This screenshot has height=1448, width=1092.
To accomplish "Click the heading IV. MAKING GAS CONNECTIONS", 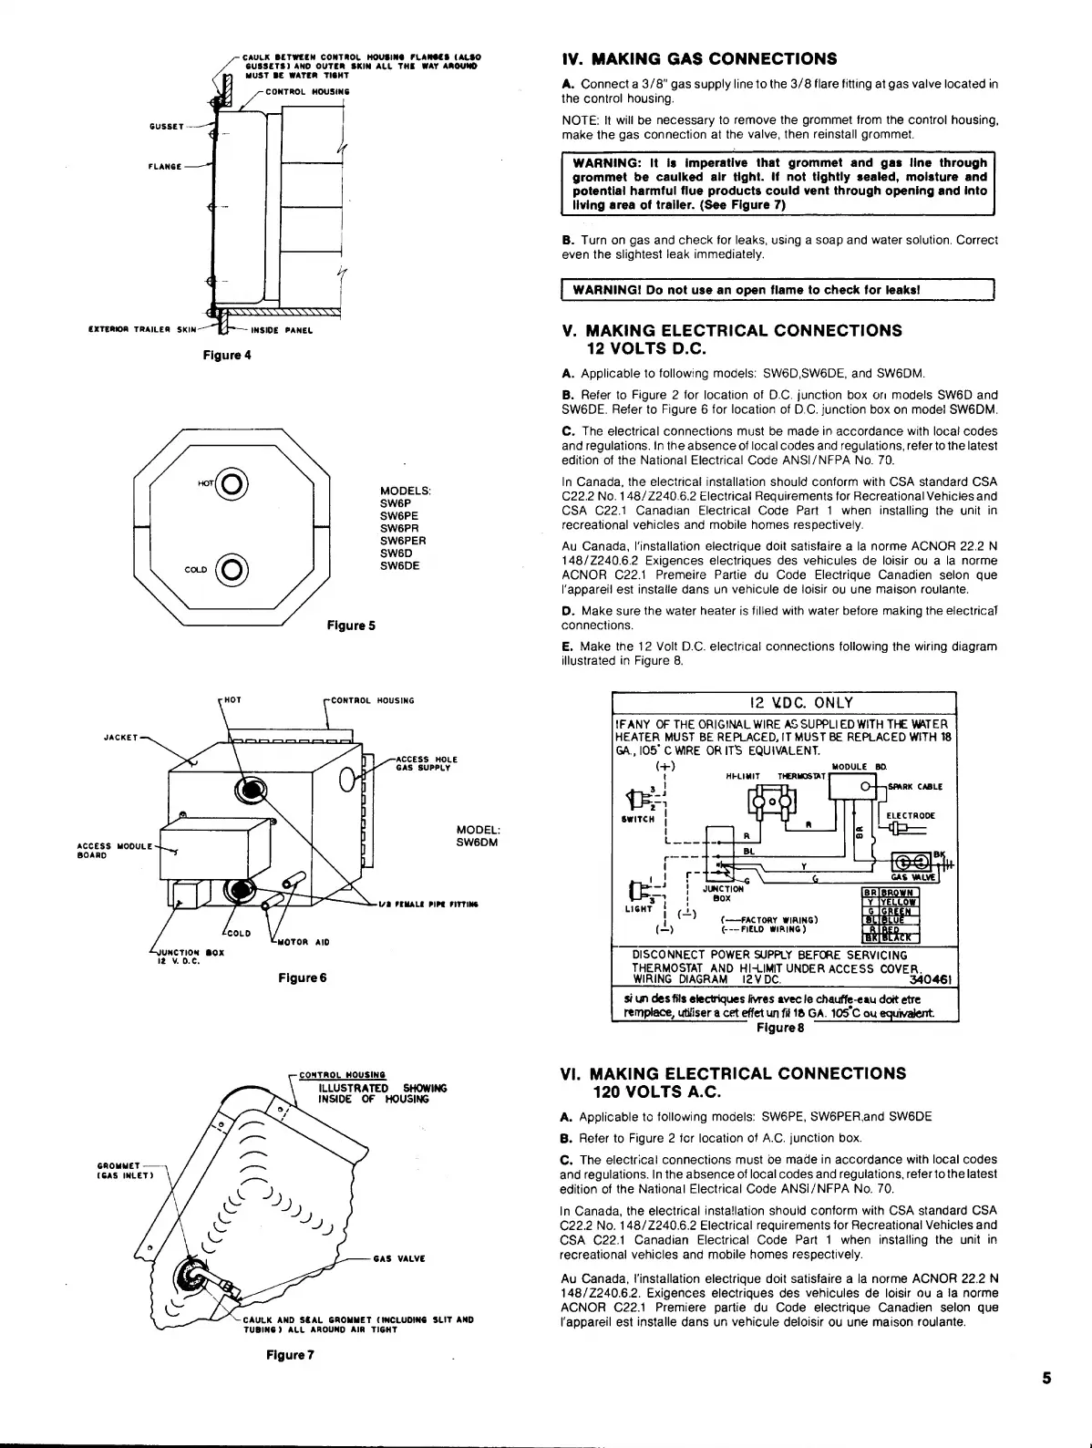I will coord(699,59).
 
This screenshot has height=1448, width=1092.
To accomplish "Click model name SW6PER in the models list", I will coord(403,541).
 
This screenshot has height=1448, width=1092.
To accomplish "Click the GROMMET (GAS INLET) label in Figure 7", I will coord(118,1170).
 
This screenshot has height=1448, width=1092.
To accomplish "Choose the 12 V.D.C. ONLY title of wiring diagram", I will coord(800,702).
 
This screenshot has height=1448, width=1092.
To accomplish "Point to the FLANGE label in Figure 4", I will coord(166,167).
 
